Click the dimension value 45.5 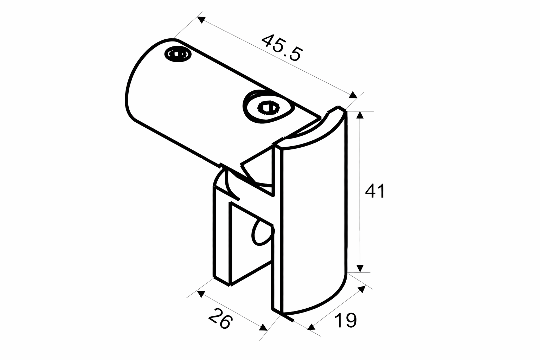[x=281, y=47]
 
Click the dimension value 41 [x=375, y=191]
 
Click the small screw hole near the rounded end [x=178, y=54]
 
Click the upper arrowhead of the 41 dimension [x=359, y=115]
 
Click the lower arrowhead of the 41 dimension [x=359, y=268]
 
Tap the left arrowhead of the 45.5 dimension [x=200, y=20]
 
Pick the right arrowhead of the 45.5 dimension [x=353, y=95]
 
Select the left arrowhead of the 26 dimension [x=200, y=294]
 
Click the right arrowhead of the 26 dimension [x=263, y=328]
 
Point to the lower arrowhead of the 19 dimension [x=311, y=327]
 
